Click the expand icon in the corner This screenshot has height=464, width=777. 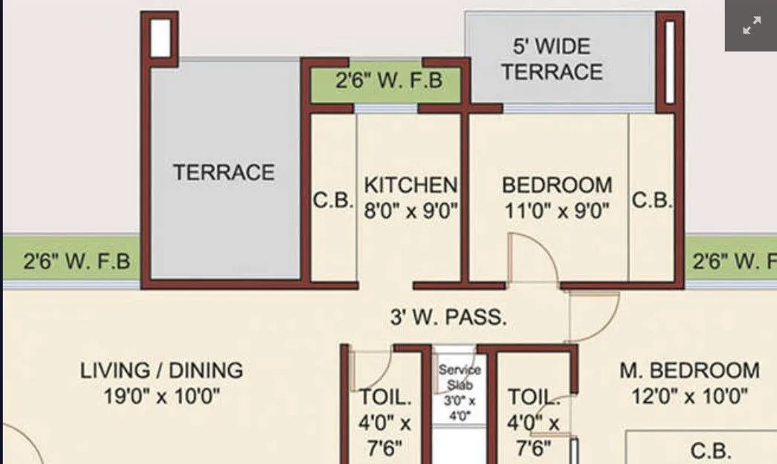pyautogui.click(x=751, y=27)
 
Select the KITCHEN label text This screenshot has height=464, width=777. pyautogui.click(x=410, y=184)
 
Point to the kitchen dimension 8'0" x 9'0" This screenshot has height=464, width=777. pyautogui.click(x=410, y=210)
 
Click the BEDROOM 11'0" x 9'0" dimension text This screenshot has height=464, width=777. pyautogui.click(x=557, y=210)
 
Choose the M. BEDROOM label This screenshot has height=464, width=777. pyautogui.click(x=689, y=370)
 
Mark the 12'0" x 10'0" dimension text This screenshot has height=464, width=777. pyautogui.click(x=689, y=396)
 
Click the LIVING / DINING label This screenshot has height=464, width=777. pyautogui.click(x=161, y=370)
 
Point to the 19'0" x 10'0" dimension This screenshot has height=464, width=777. pyautogui.click(x=161, y=396)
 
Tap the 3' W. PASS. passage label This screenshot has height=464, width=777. pyautogui.click(x=448, y=318)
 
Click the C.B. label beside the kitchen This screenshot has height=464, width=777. pyautogui.click(x=332, y=201)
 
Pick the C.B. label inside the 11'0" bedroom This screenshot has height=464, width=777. pyautogui.click(x=651, y=201)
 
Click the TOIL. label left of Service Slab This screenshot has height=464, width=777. pyautogui.click(x=385, y=397)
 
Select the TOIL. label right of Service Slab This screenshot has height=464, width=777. pyautogui.click(x=533, y=397)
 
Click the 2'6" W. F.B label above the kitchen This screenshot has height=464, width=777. pyautogui.click(x=388, y=80)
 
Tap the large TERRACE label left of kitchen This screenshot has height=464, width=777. pyautogui.click(x=224, y=173)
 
